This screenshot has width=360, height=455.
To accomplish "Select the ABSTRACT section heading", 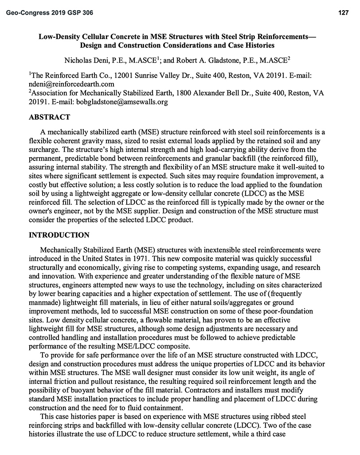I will [49, 118].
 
